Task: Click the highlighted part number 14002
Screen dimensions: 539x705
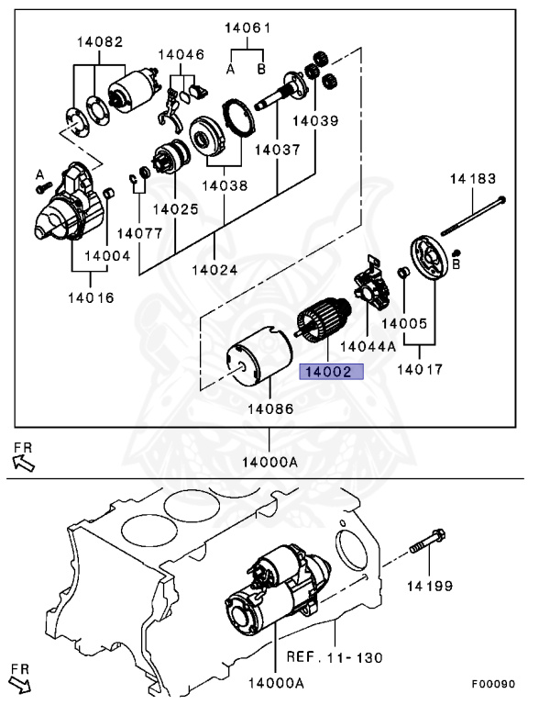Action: pos(332,372)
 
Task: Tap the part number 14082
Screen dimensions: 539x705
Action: pos(100,42)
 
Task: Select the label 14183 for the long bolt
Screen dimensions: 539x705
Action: pos(473,179)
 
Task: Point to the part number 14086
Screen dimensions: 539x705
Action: pos(270,408)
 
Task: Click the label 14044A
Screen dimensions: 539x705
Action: pos(368,346)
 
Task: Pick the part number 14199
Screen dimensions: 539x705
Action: pos(430,586)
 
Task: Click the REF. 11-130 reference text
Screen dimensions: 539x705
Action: pos(335,657)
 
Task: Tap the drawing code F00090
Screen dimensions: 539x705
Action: pos(493,684)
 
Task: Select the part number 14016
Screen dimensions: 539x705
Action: pos(91,297)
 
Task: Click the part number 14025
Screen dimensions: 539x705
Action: pos(175,209)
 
